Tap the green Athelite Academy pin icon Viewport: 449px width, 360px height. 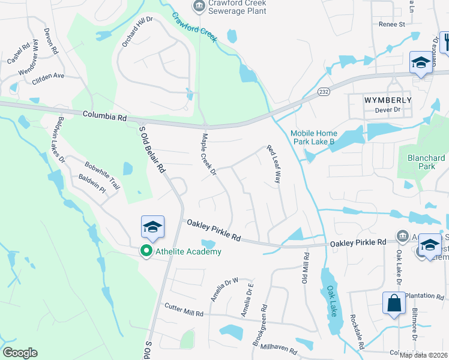point(146,251)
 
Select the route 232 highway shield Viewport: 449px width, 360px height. point(324,91)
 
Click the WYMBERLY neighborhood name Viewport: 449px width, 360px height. point(388,100)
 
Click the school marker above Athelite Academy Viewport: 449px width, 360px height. point(152,227)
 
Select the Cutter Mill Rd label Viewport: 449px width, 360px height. point(184,310)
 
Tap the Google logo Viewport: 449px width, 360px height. point(20,353)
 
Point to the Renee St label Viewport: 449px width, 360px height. point(392,25)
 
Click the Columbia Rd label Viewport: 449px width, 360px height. point(105,116)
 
